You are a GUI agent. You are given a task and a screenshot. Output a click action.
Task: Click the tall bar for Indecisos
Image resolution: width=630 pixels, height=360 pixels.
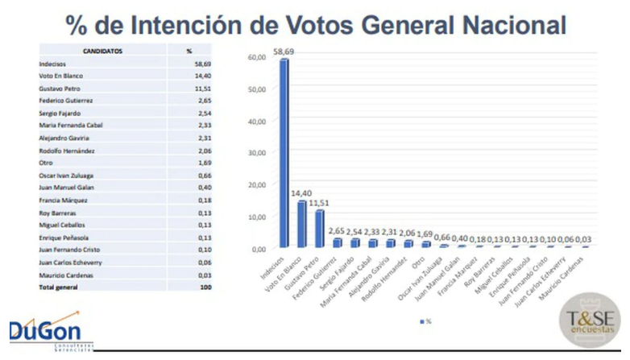(x=284, y=153)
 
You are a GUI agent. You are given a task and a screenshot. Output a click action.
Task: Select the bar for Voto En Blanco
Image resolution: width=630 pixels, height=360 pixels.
(x=301, y=223)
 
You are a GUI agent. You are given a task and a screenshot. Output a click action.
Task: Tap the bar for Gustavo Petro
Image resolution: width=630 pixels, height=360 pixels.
(x=320, y=227)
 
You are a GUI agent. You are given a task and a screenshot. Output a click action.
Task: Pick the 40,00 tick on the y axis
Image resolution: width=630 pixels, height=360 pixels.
(x=258, y=122)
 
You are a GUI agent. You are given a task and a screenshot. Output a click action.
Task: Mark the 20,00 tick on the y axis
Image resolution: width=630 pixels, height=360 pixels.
(x=258, y=185)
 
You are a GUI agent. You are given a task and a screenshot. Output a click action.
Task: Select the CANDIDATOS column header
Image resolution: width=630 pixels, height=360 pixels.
(x=102, y=51)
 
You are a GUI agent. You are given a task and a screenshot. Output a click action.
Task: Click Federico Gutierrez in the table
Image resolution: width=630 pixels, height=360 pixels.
(x=67, y=100)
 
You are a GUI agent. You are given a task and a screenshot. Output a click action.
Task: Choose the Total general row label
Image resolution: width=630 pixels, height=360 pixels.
(x=57, y=287)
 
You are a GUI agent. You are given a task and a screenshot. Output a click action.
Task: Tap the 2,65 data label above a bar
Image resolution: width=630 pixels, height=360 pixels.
(x=338, y=233)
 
